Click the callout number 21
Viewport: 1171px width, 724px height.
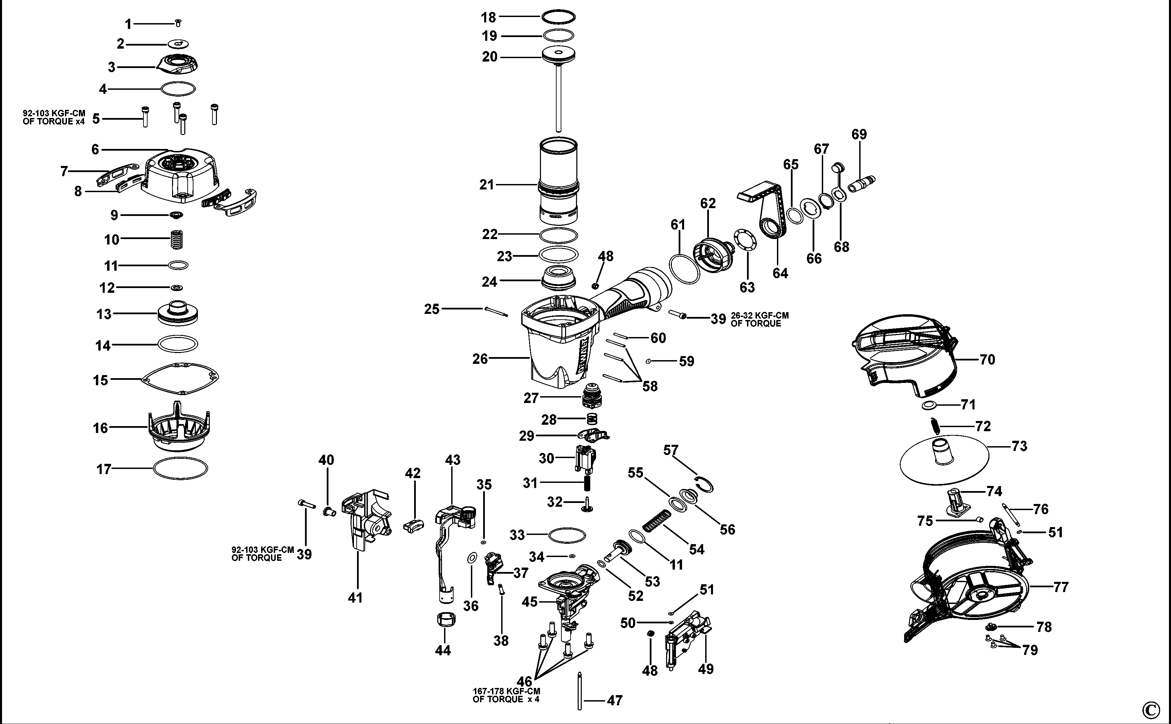point(487,185)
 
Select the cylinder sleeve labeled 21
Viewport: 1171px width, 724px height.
point(558,182)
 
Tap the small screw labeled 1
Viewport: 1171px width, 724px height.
point(178,22)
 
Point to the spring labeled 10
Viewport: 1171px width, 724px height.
point(177,238)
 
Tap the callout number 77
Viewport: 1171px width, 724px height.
point(1061,587)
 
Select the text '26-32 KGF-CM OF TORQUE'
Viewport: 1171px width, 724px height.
point(759,319)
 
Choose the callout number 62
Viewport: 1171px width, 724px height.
point(708,203)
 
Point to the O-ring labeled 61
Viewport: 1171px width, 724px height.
point(684,270)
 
